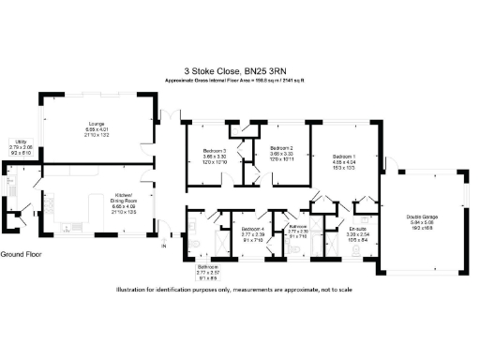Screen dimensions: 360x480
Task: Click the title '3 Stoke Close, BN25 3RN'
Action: pyautogui.click(x=239, y=69)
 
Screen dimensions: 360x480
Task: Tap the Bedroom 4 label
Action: pyautogui.click(x=253, y=228)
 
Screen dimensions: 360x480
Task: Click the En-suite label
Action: pyautogui.click(x=355, y=228)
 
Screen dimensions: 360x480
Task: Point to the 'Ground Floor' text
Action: pyautogui.click(x=23, y=254)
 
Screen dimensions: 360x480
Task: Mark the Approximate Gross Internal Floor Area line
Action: pyautogui.click(x=239, y=81)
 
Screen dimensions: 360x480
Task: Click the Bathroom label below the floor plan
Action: pyautogui.click(x=207, y=266)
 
